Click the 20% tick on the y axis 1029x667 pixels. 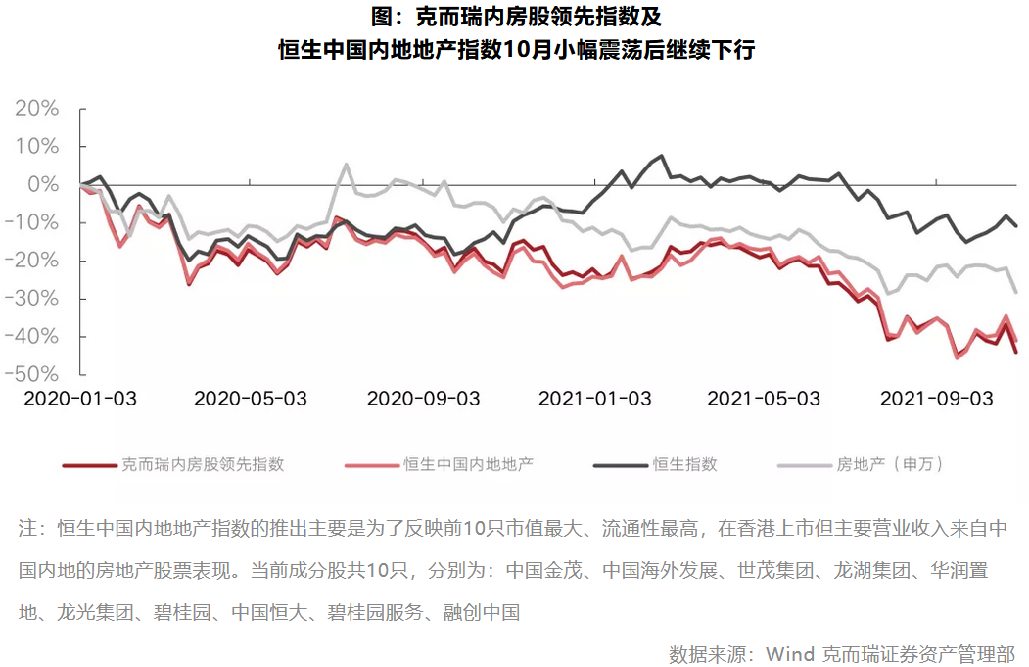click(39, 108)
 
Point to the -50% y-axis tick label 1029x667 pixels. click(36, 374)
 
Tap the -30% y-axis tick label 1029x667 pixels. click(36, 298)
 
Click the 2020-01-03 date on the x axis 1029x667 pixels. click(80, 399)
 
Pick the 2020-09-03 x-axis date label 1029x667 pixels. click(423, 399)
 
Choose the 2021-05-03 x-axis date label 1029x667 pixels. click(764, 399)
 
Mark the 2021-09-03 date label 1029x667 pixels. click(937, 399)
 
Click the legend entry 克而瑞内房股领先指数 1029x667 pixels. click(203, 463)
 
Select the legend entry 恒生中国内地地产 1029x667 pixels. click(469, 463)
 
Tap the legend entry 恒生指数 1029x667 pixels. click(685, 463)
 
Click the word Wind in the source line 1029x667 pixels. click(789, 653)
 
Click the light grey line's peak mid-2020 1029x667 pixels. click(346, 165)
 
